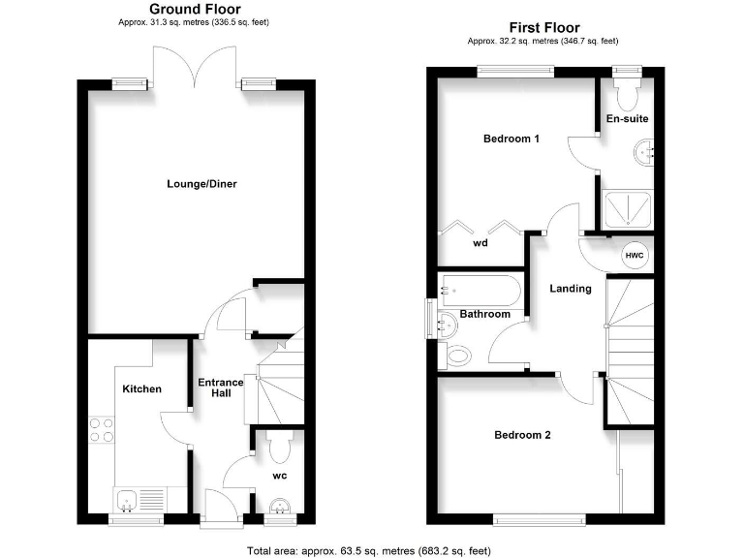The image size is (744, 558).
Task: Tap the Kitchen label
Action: point(141,389)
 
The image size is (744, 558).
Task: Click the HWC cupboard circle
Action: point(635,254)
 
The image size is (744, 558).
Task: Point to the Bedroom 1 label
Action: point(511,139)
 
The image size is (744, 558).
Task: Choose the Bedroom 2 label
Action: point(522,435)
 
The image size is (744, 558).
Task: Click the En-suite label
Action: point(627,119)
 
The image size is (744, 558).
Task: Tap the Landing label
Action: point(570,288)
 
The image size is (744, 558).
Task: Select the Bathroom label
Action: point(484,314)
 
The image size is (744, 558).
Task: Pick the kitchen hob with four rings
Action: point(101,429)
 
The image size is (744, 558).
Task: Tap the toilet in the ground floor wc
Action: point(280,448)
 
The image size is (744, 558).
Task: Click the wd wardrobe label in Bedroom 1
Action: point(480,244)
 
